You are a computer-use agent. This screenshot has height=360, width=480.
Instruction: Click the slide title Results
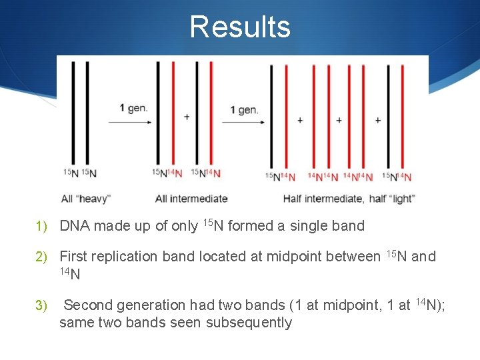(240, 27)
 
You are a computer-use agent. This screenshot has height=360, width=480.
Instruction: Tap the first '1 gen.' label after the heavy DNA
(134, 107)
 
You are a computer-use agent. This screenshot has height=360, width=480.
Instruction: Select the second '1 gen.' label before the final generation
(244, 109)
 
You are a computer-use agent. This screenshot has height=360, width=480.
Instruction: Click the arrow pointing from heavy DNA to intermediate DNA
(129, 122)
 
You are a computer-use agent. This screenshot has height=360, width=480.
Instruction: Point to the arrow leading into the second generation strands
(241, 122)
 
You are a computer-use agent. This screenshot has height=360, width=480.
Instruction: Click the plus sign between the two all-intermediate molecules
(187, 117)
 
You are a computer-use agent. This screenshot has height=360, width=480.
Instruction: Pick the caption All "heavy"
(85, 199)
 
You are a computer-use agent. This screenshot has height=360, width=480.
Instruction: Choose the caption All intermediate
(191, 199)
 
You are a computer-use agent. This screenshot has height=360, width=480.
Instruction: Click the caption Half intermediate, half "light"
(349, 199)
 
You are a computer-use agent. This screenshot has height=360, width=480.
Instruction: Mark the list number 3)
(41, 305)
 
